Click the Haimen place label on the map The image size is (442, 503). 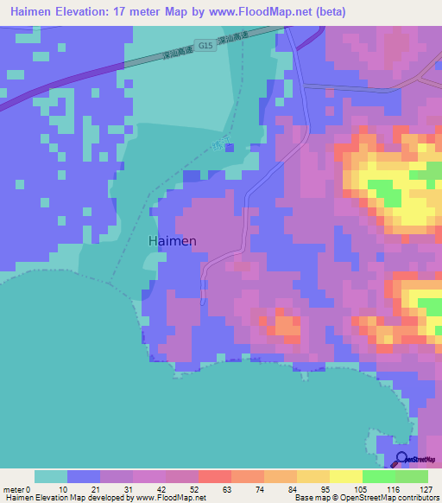click(x=172, y=241)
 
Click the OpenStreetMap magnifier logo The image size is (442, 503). click(x=402, y=459)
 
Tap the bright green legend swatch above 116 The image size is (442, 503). click(x=378, y=476)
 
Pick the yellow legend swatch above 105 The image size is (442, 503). click(x=345, y=476)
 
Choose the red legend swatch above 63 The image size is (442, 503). click(x=214, y=476)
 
